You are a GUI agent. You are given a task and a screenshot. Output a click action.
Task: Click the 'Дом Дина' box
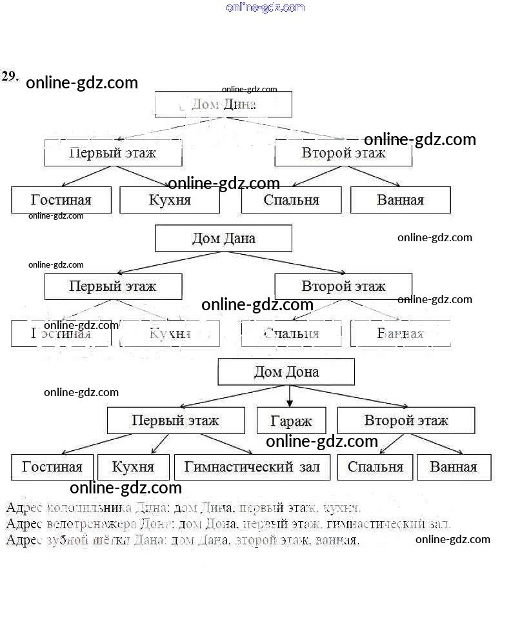223,104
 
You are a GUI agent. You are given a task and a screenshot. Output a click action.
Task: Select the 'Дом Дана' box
223,238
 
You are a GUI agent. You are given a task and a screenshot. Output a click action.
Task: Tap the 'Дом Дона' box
286,372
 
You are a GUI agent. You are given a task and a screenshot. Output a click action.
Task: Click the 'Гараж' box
290,421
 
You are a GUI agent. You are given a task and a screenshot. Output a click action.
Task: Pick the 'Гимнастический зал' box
252,467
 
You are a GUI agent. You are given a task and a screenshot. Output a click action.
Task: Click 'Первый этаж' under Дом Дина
113,154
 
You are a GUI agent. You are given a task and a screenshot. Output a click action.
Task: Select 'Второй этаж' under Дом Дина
343,154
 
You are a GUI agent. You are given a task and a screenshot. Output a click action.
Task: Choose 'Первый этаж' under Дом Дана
113,286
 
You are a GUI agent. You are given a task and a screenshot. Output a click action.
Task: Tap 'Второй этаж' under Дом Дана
343,286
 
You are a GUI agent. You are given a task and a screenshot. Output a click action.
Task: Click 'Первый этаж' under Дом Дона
175,421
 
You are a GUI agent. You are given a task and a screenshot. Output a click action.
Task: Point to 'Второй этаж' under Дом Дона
406,421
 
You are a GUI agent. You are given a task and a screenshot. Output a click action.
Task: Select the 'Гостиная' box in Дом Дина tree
61,200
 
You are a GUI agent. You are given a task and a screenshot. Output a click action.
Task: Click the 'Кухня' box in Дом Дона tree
133,467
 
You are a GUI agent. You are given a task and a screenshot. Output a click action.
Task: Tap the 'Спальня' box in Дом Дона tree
375,467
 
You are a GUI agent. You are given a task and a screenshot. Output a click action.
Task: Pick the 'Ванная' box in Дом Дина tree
400,200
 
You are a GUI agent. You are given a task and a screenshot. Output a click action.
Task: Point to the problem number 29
9,76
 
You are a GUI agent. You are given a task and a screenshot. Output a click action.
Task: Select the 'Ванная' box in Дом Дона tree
454,467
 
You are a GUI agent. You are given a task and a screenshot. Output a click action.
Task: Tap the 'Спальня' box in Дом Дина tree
291,200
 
